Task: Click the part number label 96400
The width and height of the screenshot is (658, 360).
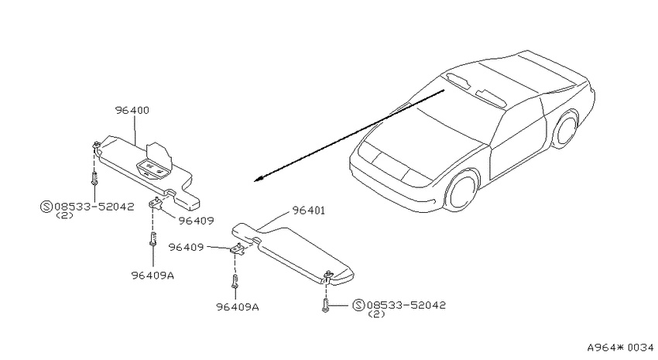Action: (x=132, y=111)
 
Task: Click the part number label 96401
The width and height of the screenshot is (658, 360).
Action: (x=308, y=211)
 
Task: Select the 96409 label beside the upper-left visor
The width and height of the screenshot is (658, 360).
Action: (x=196, y=221)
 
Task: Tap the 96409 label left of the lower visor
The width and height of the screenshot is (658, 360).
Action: (x=186, y=248)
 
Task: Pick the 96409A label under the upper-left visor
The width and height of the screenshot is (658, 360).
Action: (x=153, y=276)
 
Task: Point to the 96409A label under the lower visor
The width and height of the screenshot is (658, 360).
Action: (x=238, y=307)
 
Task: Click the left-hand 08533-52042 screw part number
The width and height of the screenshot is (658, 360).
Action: (x=94, y=207)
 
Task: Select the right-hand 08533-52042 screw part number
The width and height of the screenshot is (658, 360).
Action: (x=406, y=305)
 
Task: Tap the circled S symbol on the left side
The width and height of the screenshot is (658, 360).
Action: (x=46, y=207)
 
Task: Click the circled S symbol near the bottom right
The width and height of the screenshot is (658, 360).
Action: (x=358, y=305)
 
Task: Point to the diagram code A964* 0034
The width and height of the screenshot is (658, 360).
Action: (x=620, y=348)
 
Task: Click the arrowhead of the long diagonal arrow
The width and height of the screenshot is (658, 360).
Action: (x=258, y=179)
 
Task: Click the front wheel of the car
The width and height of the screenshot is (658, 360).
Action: (x=462, y=190)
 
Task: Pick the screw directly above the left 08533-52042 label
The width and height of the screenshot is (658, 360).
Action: (x=94, y=178)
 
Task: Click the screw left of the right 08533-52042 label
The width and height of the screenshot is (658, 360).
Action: (x=326, y=304)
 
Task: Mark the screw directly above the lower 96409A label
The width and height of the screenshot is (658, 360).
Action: (x=235, y=282)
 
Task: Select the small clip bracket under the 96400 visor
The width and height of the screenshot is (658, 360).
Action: (x=157, y=203)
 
